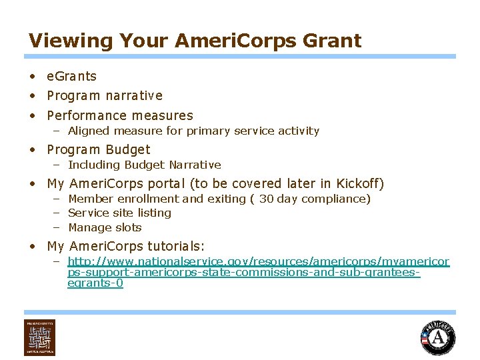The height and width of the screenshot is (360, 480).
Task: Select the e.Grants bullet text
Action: pyautogui.click(x=71, y=77)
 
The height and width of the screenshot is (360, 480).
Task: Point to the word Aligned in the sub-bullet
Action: pyautogui.click(x=89, y=131)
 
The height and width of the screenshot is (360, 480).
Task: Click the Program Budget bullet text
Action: pyautogui.click(x=99, y=150)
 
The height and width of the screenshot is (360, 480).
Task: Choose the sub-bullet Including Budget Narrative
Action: pyautogui.click(x=144, y=165)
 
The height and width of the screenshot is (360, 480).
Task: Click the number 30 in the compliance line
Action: pyautogui.click(x=266, y=199)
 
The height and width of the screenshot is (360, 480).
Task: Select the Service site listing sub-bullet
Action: pyautogui.click(x=119, y=213)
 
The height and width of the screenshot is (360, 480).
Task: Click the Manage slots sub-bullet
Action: pyautogui.click(x=105, y=228)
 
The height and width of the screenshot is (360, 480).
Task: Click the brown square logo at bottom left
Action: pyautogui.click(x=39, y=337)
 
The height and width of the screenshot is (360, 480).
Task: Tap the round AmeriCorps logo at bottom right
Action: pyautogui.click(x=437, y=337)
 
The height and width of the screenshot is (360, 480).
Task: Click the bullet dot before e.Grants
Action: pyautogui.click(x=33, y=77)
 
